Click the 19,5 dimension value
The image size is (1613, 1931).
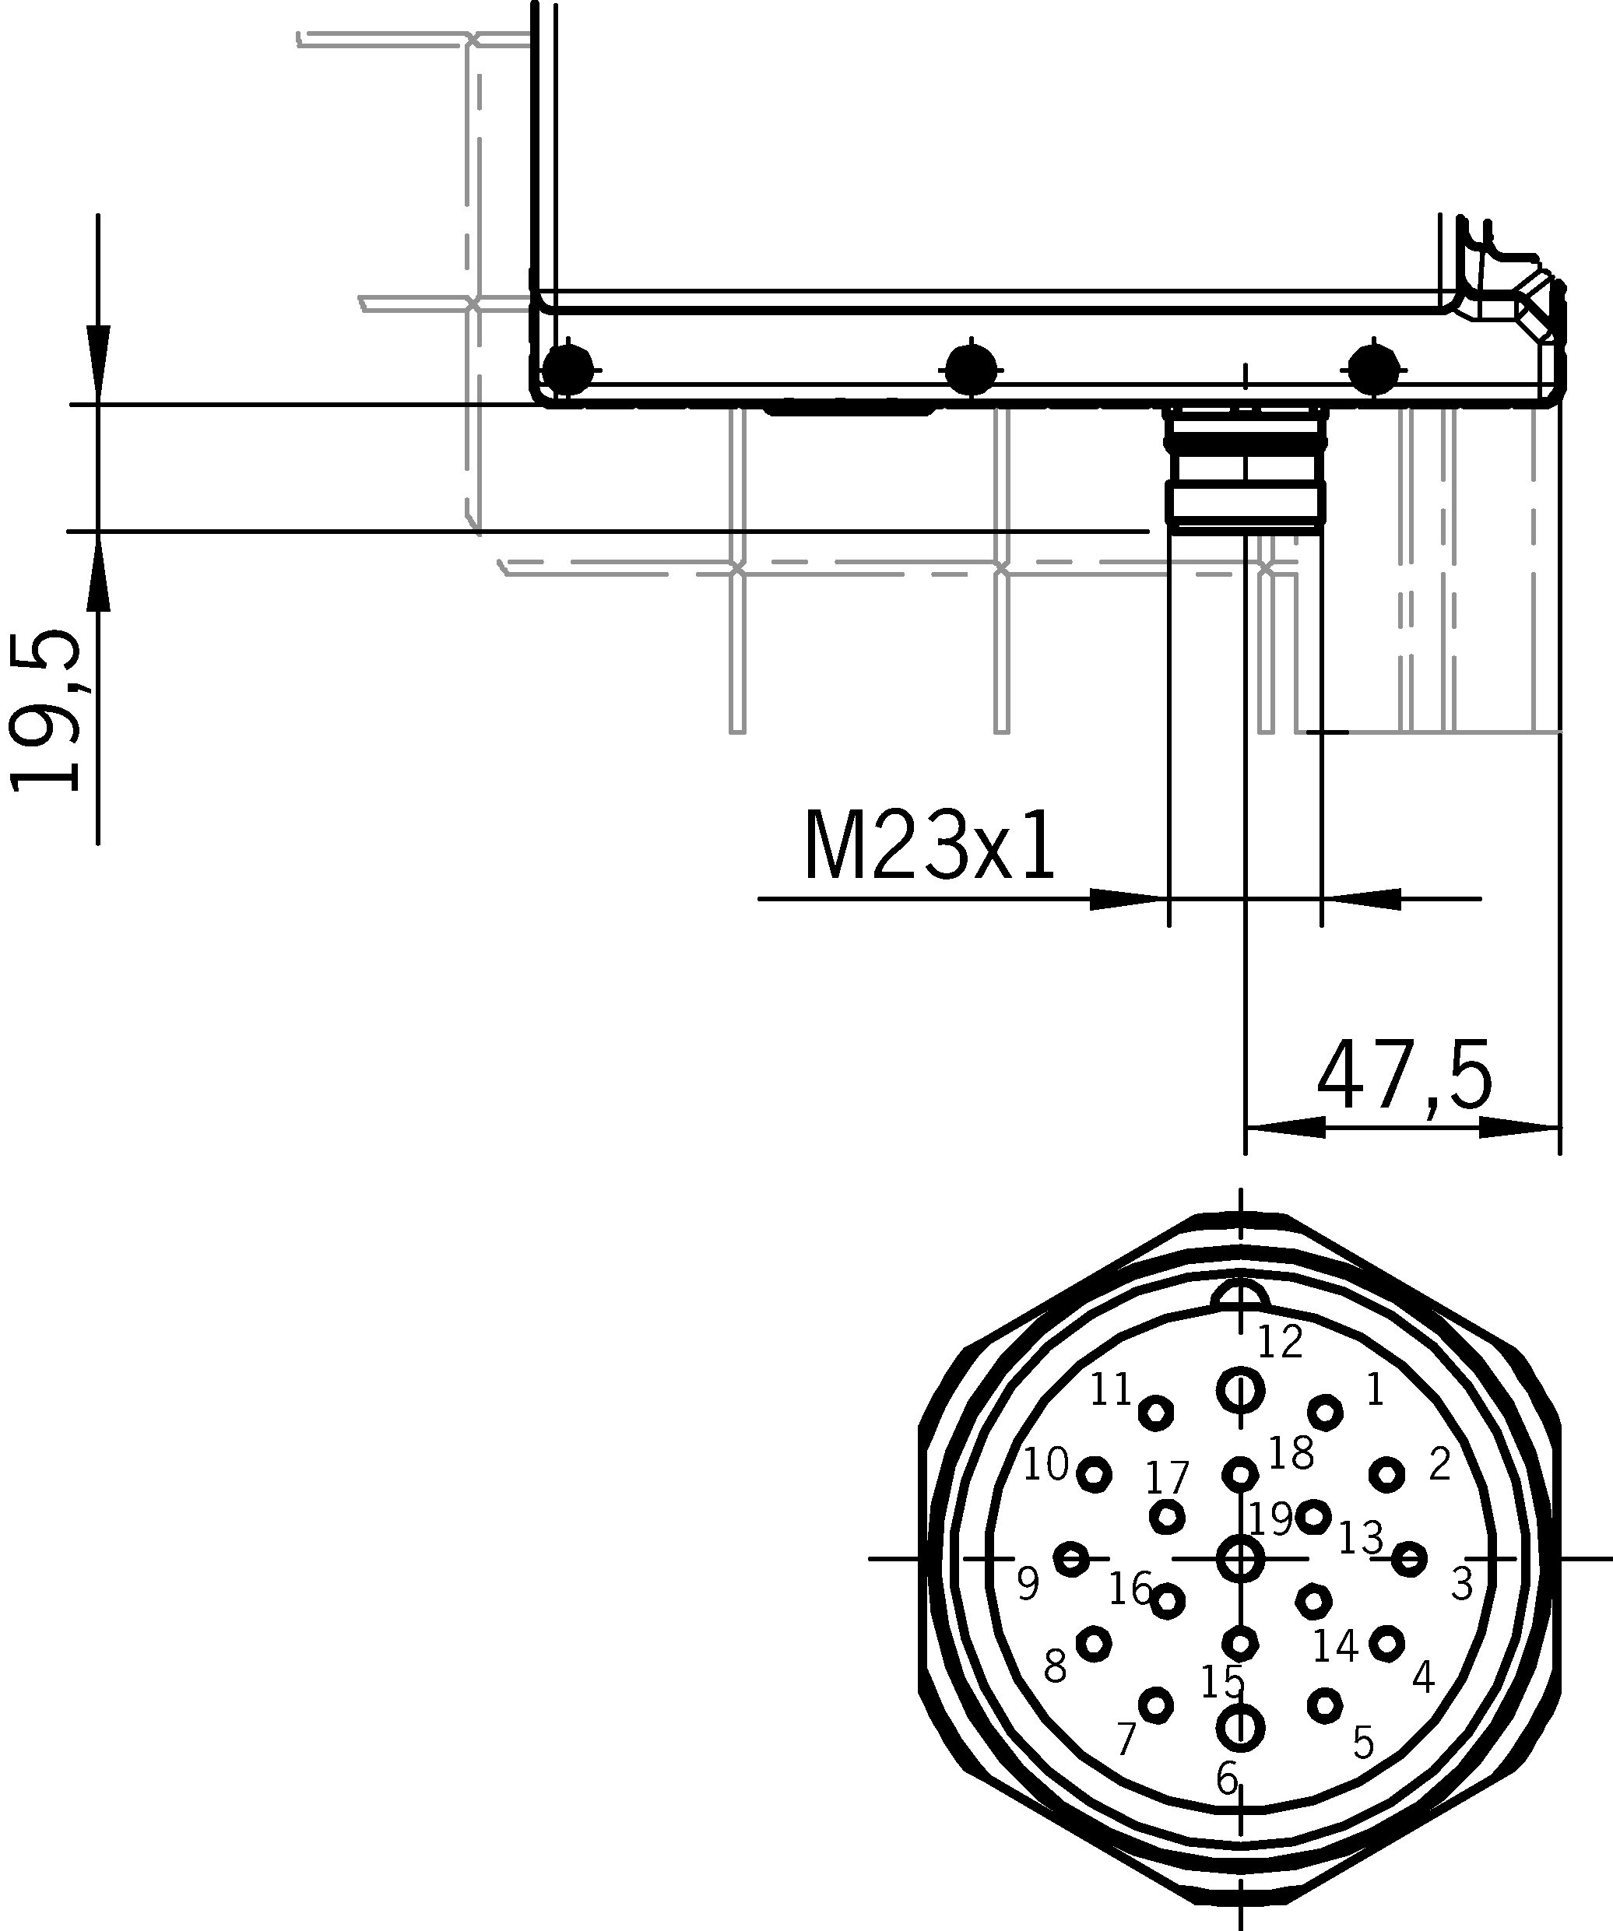coord(44,710)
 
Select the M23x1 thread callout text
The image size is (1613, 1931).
coord(929,847)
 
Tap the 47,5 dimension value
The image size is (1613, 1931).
coord(1404,1076)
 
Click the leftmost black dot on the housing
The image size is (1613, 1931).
coord(568,369)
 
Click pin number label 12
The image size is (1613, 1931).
coord(1280,1342)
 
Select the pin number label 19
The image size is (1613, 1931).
coord(1271,1519)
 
